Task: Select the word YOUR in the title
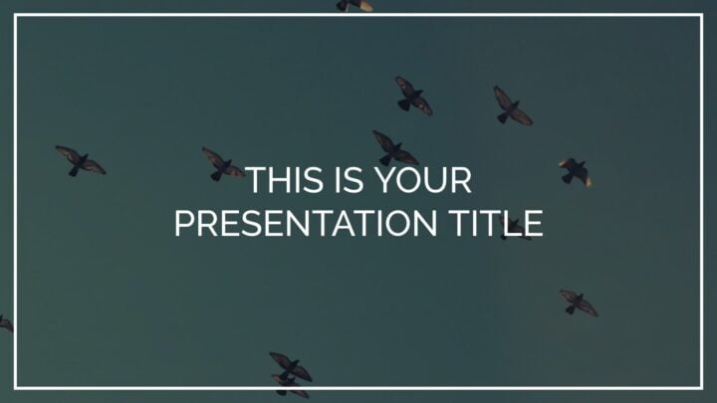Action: pos(424,180)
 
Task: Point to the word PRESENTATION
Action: pos(306,223)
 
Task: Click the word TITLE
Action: pos(495,223)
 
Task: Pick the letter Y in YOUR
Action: pos(386,180)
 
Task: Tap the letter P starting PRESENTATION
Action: pos(184,223)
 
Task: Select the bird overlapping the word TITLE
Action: pos(516,229)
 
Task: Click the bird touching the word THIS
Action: pos(223,164)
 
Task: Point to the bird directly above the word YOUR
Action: pos(395,148)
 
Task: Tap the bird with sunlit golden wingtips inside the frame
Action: pos(576,172)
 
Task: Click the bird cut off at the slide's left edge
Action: pos(6,323)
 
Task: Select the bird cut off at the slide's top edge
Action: pos(355,6)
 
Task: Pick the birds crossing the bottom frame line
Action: pos(291,375)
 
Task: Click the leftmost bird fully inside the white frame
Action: pos(81,161)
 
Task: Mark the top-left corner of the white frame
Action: pos(16,15)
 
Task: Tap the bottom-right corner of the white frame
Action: pos(701,388)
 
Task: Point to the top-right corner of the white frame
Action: pos(701,15)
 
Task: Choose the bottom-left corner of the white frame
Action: pos(16,388)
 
